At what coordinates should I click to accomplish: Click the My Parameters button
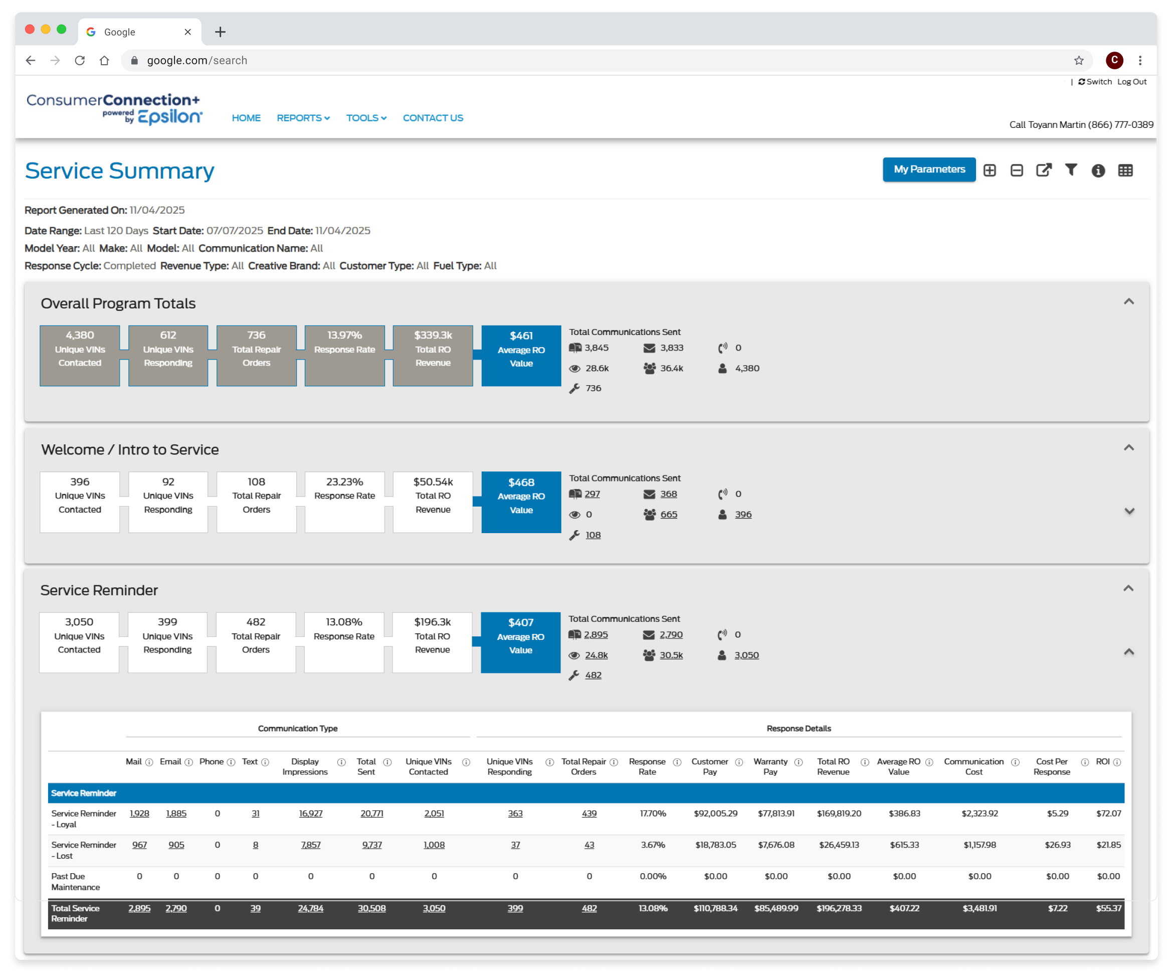tap(929, 170)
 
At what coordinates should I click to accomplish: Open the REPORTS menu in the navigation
tap(303, 118)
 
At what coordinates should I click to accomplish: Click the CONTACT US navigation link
tap(433, 118)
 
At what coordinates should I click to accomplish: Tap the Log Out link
tap(1132, 82)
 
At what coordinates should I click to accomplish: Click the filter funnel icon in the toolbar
tap(1071, 170)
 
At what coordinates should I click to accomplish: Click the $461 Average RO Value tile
tap(521, 356)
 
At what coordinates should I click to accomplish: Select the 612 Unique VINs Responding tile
tap(168, 356)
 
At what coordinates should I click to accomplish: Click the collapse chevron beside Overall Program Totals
tap(1128, 302)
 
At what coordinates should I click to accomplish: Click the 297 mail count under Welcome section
tap(592, 494)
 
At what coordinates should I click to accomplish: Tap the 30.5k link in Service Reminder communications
tap(671, 655)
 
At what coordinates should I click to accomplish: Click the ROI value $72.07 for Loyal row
tap(1108, 813)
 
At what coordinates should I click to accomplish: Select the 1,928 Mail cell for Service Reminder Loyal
tap(139, 813)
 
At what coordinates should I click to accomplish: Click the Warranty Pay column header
tap(770, 767)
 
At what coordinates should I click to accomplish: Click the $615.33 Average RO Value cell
tap(904, 845)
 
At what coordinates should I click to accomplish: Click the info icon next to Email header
tap(189, 762)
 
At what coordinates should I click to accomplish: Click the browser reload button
tap(80, 60)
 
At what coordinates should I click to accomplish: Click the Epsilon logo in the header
tap(169, 116)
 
